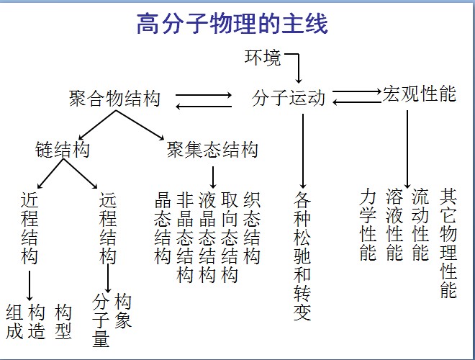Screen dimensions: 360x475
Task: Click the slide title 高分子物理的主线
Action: [x=232, y=25]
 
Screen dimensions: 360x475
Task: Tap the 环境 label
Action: [x=263, y=58]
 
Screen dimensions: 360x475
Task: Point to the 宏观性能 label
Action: [x=420, y=94]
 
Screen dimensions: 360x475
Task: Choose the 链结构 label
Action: [x=63, y=150]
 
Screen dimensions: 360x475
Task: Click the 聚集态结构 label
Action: [x=212, y=150]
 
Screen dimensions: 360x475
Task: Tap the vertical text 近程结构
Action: [x=30, y=227]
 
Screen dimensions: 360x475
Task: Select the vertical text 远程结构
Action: [x=108, y=227]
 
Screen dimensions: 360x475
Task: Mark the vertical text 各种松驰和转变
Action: [x=303, y=256]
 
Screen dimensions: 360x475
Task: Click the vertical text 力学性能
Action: [x=368, y=225]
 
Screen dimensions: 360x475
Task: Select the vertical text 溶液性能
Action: [x=394, y=225]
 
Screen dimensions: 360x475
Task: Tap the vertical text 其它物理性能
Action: [x=448, y=243]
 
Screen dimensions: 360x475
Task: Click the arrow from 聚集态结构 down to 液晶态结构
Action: [x=213, y=176]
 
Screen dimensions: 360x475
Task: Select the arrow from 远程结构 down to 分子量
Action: [x=108, y=278]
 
